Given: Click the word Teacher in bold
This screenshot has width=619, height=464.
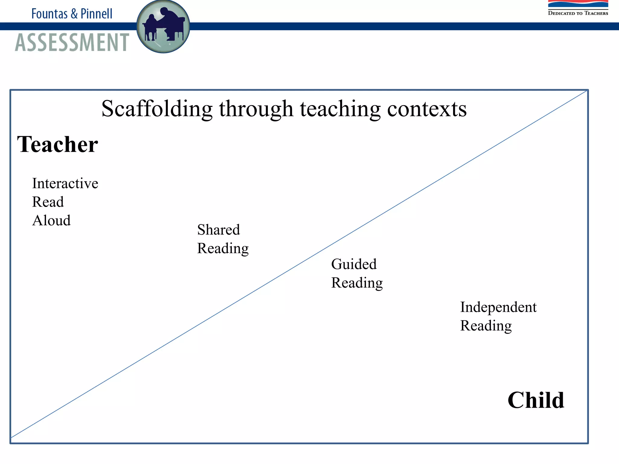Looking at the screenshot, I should pos(57,144).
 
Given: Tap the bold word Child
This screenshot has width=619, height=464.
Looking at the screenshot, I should pos(536,400).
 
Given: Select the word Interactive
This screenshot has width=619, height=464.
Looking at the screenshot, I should pos(65,183).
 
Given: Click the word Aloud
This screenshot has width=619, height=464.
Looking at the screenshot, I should pos(51,221).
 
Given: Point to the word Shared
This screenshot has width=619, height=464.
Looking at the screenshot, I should pos(219,230).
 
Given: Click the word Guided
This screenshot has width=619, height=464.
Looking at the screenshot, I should pos(354,264).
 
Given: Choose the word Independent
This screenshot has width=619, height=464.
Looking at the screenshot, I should pos(498,307).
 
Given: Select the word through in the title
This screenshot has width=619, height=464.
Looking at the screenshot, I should pos(256,109).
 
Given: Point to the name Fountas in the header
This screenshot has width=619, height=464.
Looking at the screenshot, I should pos(49,14).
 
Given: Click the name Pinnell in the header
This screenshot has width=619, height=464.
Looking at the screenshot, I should pos(96,14).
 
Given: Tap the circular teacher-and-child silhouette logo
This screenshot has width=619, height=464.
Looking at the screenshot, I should pos(163,27).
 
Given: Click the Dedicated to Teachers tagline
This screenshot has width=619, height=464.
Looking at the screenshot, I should pos(578,13).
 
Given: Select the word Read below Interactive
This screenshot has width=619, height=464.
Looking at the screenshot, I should pos(48,202).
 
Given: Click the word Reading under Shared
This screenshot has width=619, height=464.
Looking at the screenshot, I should pos(223,249).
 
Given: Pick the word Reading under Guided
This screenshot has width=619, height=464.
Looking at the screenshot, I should pos(357,283).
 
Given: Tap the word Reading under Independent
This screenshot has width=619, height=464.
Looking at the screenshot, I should pos(486,326).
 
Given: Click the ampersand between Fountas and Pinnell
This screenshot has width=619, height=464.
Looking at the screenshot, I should pos(74,14).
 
